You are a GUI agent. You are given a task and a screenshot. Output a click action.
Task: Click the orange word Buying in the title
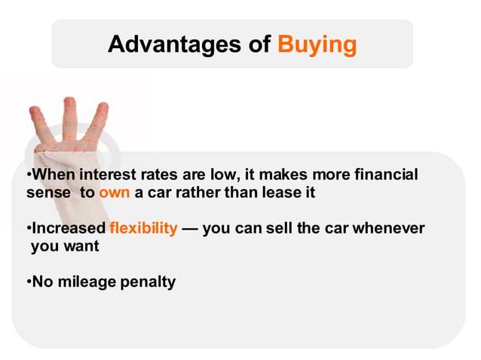click(x=317, y=44)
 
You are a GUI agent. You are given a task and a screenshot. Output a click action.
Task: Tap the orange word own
click(x=115, y=192)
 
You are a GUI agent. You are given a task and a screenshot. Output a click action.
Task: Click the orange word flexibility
click(x=143, y=227)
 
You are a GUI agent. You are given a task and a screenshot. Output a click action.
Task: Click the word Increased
click(x=68, y=227)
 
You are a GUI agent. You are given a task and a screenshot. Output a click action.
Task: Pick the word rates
click(x=164, y=175)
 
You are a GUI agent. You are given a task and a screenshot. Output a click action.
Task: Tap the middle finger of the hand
click(x=70, y=121)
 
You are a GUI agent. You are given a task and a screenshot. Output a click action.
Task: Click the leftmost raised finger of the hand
click(x=38, y=128)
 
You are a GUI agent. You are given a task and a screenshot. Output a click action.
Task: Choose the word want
click(x=81, y=245)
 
